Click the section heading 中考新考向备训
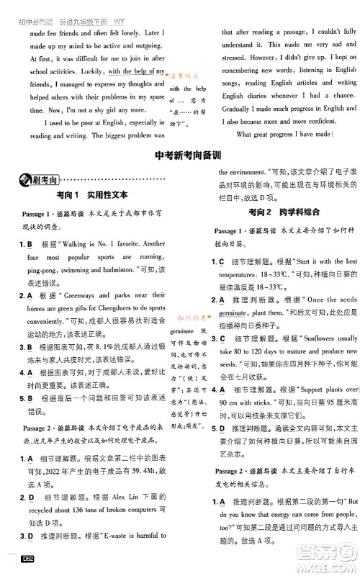pyautogui.click(x=181, y=176)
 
